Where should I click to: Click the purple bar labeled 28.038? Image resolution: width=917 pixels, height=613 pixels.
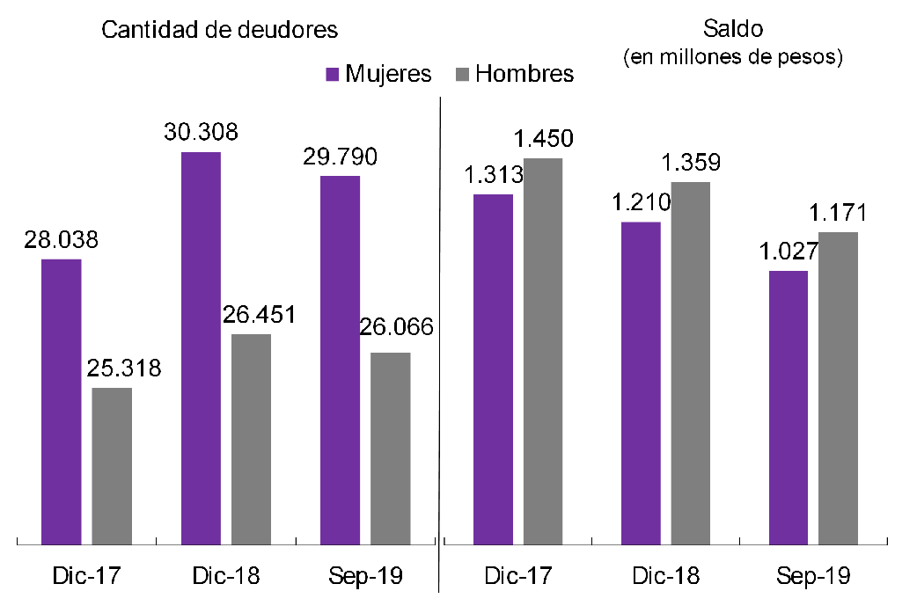tap(61, 402)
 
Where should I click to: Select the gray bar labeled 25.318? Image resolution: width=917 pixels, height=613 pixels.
tap(112, 466)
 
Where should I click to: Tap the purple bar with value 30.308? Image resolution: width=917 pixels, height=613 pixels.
tap(201, 348)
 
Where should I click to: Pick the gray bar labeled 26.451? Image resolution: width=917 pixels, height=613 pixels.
tap(251, 440)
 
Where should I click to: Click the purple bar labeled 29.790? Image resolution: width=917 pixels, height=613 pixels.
tap(340, 361)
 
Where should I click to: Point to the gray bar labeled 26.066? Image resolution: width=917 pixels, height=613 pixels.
tap(390, 449)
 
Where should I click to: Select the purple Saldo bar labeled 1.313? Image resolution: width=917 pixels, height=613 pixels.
tap(493, 369)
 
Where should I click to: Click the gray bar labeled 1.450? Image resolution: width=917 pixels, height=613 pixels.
tap(543, 352)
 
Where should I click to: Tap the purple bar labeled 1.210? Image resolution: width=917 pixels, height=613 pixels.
tap(641, 383)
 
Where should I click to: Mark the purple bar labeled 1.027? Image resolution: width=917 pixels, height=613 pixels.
tap(789, 408)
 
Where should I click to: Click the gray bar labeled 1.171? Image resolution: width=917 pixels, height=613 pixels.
tap(839, 389)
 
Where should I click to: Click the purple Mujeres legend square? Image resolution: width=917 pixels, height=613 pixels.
tap(332, 74)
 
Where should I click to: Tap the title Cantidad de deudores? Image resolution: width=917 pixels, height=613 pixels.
tap(220, 29)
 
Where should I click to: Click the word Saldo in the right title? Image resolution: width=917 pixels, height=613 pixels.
tap(733, 29)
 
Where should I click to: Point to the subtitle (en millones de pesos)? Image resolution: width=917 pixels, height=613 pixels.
tap(733, 58)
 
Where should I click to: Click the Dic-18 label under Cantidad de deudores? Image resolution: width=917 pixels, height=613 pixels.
tap(225, 577)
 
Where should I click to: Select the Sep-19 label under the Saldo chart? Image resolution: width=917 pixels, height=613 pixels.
tap(813, 577)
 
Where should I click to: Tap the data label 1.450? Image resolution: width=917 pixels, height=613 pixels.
tap(544, 139)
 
